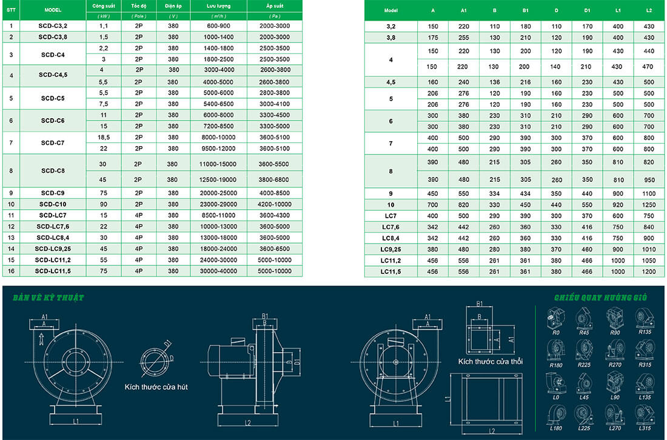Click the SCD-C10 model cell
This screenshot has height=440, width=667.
pyautogui.click(x=53, y=204)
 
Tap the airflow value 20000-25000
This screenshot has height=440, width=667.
pyautogui.click(x=218, y=193)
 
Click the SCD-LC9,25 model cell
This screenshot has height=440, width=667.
pyautogui.click(x=53, y=248)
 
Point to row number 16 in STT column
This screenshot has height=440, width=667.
pyautogui.click(x=11, y=271)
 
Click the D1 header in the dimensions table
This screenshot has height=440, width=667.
pyautogui.click(x=587, y=11)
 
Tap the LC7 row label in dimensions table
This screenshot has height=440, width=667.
pyautogui.click(x=390, y=216)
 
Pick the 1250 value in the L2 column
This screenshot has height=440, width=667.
pyautogui.click(x=649, y=205)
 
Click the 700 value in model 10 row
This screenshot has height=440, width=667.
pyautogui.click(x=432, y=205)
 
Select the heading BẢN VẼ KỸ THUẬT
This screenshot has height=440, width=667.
pyautogui.click(x=48, y=298)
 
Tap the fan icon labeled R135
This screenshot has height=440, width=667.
pyautogui.click(x=644, y=319)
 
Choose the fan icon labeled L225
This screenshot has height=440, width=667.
pyautogui.click(x=585, y=415)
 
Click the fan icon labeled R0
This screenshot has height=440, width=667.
pyautogui.click(x=556, y=319)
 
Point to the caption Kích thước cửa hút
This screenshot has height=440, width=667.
pyautogui.click(x=156, y=386)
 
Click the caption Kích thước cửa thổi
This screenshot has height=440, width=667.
pyautogui.click(x=491, y=361)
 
